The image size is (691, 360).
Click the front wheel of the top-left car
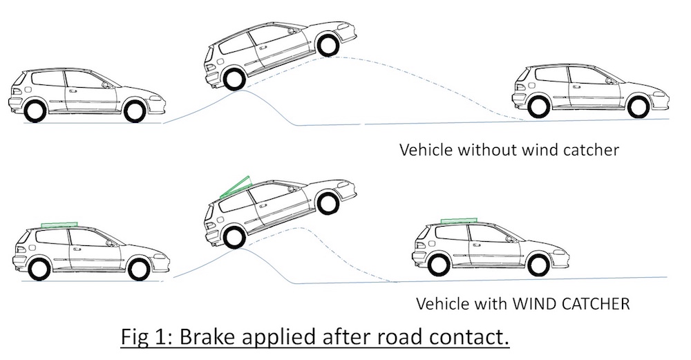point(134,110)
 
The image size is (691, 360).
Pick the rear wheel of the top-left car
point(34,110)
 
